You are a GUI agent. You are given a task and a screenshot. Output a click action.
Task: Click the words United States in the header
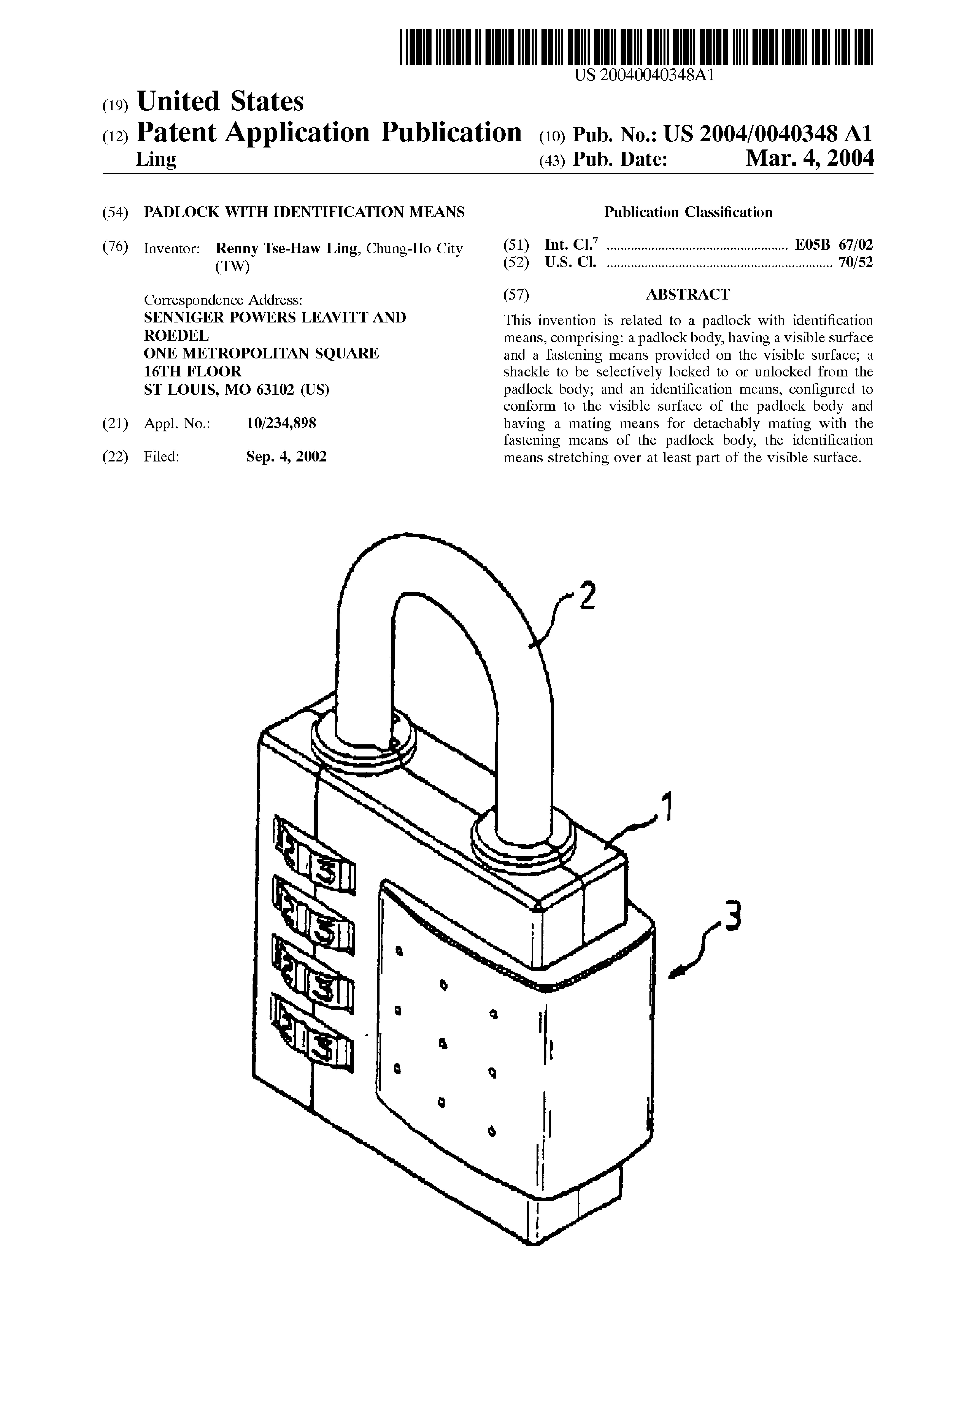(221, 101)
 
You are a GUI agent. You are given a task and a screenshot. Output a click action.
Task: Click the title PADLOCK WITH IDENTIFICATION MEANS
(304, 212)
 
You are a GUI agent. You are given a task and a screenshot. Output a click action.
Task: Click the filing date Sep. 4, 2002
(286, 457)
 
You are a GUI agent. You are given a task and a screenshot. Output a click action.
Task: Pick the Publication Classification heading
(688, 212)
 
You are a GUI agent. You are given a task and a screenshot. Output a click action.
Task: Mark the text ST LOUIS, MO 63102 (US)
(236, 390)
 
